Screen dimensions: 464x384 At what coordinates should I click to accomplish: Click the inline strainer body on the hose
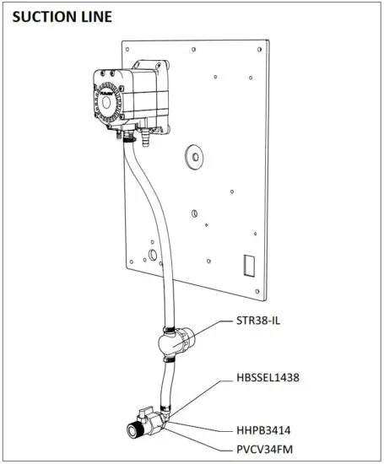pyautogui.click(x=177, y=342)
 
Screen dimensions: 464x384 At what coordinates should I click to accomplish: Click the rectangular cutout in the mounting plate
pyautogui.click(x=248, y=267)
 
